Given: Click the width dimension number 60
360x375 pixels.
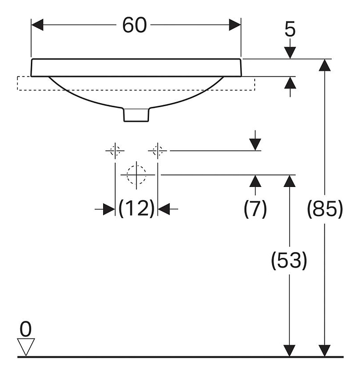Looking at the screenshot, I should pos(134,25).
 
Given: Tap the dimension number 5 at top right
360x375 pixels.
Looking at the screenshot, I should pos(290,30).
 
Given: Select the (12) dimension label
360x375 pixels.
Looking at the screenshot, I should pos(136,209).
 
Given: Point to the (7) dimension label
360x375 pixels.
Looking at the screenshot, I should pos(255,209).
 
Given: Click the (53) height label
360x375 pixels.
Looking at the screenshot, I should pos(289,260).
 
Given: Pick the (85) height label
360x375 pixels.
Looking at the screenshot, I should pos(325,209).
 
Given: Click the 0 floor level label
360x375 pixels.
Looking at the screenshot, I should pos(26,329).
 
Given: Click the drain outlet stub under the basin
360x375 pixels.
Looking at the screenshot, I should pos(136,115).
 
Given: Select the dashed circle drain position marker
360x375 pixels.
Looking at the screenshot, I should pos(136,174).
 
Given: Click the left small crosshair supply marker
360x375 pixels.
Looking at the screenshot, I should pos(115,151).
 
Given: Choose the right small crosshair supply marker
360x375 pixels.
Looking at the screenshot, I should pos(158,151).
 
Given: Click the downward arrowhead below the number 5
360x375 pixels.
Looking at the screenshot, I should pos(290,53).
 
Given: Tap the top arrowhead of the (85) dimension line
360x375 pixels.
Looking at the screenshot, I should pos(325,66).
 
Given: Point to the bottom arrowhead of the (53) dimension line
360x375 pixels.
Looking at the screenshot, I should pos(289,351).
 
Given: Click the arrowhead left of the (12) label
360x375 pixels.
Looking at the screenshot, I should pos(108,209).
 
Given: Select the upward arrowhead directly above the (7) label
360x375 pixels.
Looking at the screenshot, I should pos(255,181).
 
